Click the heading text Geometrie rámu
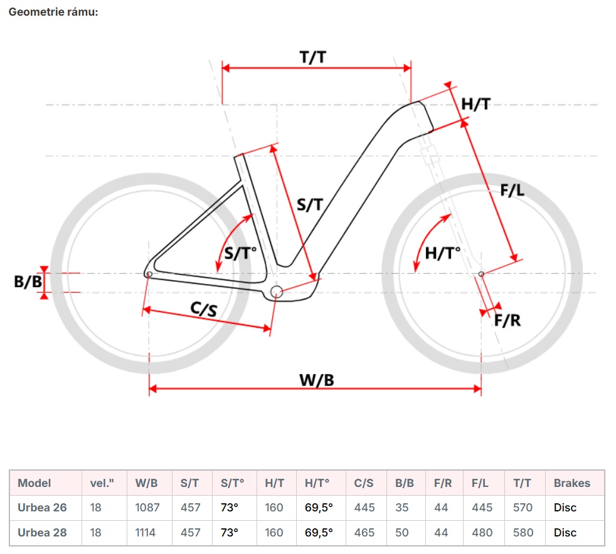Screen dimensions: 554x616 pos(53,12)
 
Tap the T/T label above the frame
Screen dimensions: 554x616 pos(312,57)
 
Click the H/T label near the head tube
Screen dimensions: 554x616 pos(475,105)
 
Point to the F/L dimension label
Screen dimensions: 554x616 pos(512,191)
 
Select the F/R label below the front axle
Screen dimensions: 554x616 pos(507,320)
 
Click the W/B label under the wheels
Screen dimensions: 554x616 pos(316,379)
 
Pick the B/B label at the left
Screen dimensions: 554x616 pos(28,282)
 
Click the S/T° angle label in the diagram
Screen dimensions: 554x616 pos(241,254)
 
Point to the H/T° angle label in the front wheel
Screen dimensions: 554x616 pos(442,253)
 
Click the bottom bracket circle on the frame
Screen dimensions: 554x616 pos(277,291)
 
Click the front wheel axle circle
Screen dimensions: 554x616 pos(481,273)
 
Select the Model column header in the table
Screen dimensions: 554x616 pos(35,483)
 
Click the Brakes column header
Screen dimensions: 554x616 pos(572,483)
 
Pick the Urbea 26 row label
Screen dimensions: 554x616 pos(42,508)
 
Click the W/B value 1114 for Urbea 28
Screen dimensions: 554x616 pos(147,533)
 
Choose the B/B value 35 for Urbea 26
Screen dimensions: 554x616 pos(402,508)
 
